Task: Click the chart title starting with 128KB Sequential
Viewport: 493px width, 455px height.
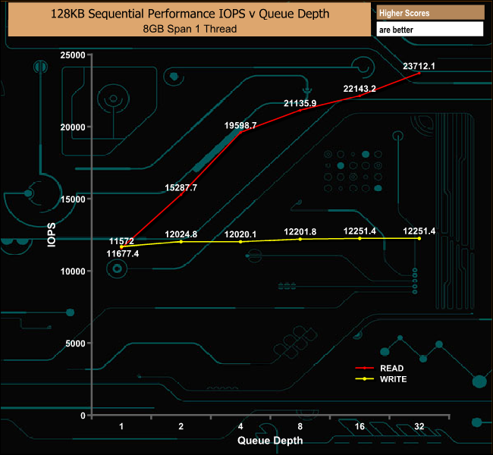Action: pyautogui.click(x=189, y=14)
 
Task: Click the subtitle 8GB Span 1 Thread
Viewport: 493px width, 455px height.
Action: pyautogui.click(x=189, y=29)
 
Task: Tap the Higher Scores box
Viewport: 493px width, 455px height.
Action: pyautogui.click(x=430, y=13)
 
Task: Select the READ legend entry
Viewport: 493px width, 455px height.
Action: pyautogui.click(x=392, y=368)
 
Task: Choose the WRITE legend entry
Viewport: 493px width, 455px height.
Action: pyautogui.click(x=394, y=378)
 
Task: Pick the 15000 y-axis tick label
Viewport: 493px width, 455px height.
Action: pyautogui.click(x=73, y=199)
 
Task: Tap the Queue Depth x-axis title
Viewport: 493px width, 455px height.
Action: pyautogui.click(x=270, y=440)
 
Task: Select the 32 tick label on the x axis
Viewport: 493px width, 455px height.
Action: pyautogui.click(x=419, y=427)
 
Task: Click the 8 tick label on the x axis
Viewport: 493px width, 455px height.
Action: pyautogui.click(x=300, y=427)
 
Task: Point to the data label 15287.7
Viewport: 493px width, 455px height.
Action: pyautogui.click(x=181, y=187)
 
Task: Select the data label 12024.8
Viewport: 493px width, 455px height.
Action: pyautogui.click(x=181, y=234)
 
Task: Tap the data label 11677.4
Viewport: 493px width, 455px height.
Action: pyautogui.click(x=123, y=254)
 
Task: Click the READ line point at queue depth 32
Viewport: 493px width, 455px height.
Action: pyautogui.click(x=419, y=74)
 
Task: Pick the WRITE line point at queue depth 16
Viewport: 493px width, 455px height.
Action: pyautogui.click(x=360, y=238)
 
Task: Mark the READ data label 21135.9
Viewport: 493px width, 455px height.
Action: pyautogui.click(x=300, y=103)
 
